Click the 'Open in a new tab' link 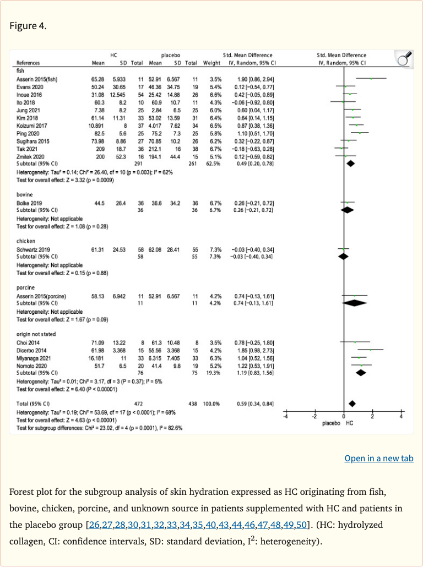378,459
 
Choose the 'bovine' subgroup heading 25,195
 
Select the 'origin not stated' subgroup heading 36,334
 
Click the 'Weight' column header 212,63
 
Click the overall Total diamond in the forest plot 352,404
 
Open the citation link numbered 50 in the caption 301,525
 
